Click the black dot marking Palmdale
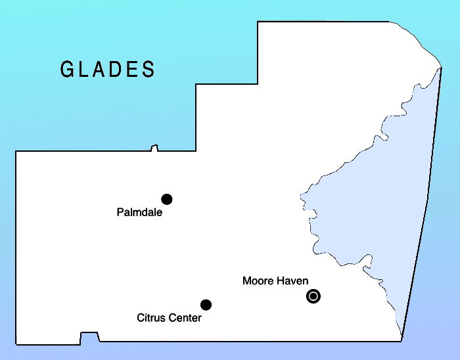pos(166,199)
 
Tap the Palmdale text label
pos(139,212)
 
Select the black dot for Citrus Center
pos(206,304)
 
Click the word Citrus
pos(151,318)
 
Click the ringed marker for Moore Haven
pos(313,296)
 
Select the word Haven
pos(293,281)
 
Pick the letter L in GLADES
pos(85,70)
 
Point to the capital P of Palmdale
pos(120,212)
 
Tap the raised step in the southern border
pos(89,336)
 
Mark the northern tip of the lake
pos(440,68)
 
